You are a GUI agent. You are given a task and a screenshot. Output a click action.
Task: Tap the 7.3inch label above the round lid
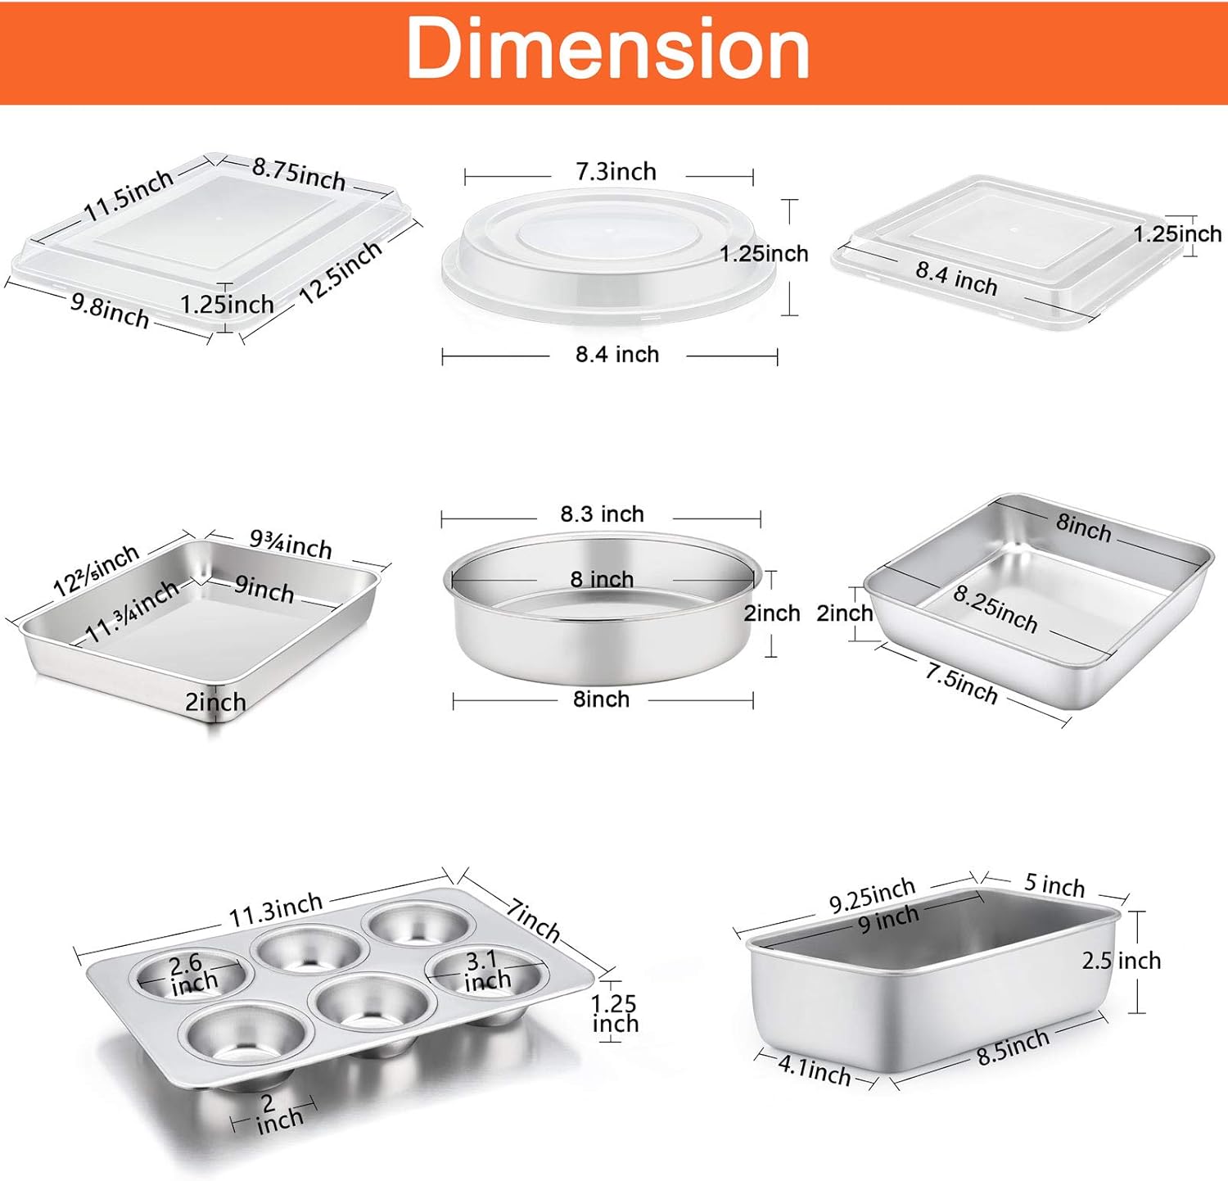(x=616, y=171)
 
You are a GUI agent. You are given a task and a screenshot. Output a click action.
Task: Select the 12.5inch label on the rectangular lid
(x=341, y=272)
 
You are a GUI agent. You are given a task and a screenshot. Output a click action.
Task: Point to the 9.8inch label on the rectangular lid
(x=110, y=310)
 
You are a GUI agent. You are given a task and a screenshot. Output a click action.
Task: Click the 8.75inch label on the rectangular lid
(x=299, y=173)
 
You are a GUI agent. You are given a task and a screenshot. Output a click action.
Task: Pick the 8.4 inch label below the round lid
(x=617, y=354)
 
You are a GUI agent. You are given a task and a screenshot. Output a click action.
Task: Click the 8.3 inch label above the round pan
(x=602, y=514)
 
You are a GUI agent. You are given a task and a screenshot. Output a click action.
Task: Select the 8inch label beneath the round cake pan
(x=601, y=699)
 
